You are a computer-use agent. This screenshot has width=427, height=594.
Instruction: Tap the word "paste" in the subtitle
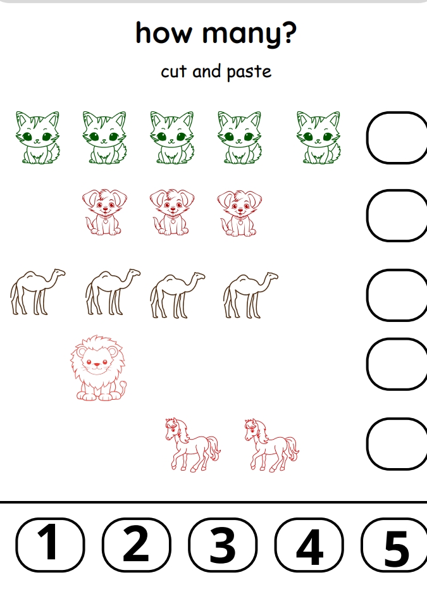pyautogui.click(x=249, y=72)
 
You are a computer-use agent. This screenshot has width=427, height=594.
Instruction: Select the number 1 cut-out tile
pyautogui.click(x=50, y=545)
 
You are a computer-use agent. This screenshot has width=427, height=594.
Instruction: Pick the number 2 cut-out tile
pyautogui.click(x=137, y=545)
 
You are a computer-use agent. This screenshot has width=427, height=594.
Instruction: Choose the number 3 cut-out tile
pyautogui.click(x=223, y=545)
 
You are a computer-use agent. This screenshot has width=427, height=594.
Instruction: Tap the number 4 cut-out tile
pyautogui.click(x=309, y=545)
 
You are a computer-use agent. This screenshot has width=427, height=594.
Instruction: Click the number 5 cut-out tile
pyautogui.click(x=394, y=545)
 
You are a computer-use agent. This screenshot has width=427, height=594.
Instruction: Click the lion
pyautogui.click(x=98, y=368)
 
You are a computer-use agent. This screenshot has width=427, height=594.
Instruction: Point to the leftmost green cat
pyautogui.click(x=37, y=137)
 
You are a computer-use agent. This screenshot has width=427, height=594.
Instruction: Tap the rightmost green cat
pyautogui.click(x=318, y=137)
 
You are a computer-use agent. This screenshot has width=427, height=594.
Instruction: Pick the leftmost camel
pyautogui.click(x=37, y=292)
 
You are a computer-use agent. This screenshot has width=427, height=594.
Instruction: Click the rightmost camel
pyautogui.click(x=250, y=295)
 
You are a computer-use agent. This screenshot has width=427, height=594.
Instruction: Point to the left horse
pyautogui.click(x=192, y=445)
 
